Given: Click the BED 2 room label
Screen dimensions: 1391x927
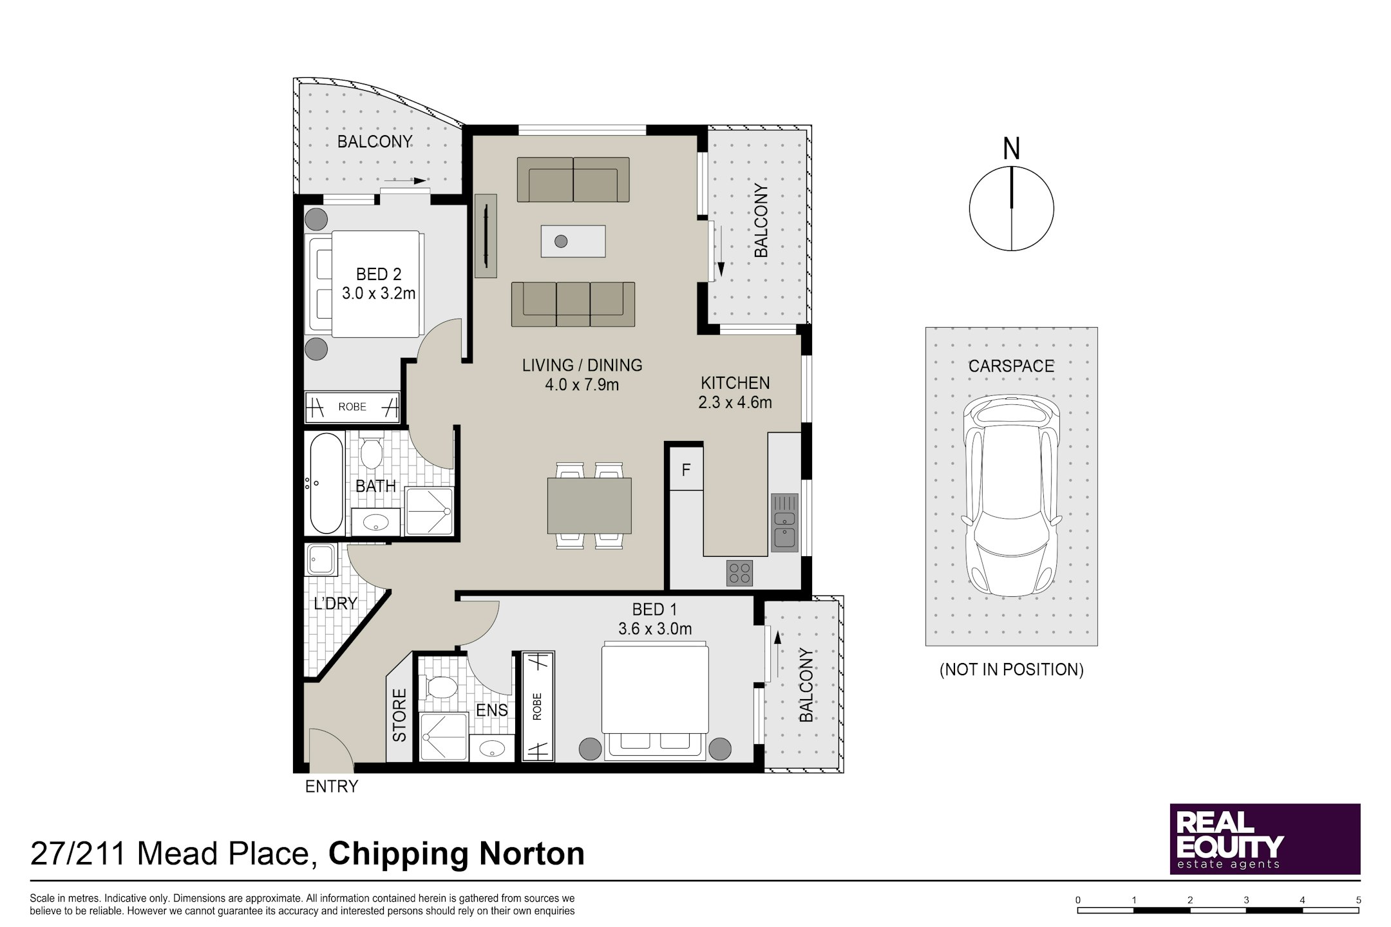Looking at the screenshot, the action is coord(379,274).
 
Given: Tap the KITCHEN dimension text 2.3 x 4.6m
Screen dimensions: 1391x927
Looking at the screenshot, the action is coord(735,403).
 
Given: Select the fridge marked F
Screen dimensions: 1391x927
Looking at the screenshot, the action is coord(686,470).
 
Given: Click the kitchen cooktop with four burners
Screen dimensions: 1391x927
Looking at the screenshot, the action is coord(739,573).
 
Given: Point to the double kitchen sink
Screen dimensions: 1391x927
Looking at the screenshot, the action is coord(784,523).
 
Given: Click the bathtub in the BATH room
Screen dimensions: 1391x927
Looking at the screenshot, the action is coord(326,483).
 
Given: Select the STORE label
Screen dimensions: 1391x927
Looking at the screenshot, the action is coord(400,715).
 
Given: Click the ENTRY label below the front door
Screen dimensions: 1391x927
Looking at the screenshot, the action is coord(331,786).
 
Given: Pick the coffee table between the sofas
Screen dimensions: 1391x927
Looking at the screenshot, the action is coord(573,241).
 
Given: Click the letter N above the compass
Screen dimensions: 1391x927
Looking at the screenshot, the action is coord(1012,149).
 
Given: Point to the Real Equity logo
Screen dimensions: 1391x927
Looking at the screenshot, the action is coord(1265,839).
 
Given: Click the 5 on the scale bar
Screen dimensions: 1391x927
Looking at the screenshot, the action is coord(1359,900).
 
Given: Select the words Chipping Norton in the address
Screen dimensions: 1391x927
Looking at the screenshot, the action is coord(457,854).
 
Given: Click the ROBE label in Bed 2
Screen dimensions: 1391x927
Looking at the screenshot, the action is coord(352,407).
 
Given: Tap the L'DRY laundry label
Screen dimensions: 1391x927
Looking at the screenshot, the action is coord(335,603).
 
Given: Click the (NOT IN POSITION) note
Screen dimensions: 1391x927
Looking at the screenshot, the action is coord(1012,669).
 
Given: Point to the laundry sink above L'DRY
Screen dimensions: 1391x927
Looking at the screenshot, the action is coord(321,559).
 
